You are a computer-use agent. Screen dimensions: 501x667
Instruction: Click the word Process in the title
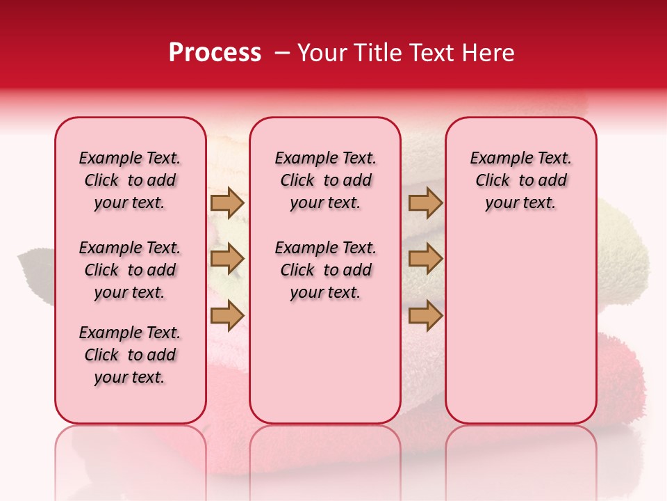click(x=215, y=53)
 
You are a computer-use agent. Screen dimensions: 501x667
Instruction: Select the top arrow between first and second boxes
click(x=227, y=203)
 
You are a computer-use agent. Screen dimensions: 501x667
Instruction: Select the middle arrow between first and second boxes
click(x=227, y=260)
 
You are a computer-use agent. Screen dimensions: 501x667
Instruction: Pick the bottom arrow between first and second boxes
click(x=227, y=315)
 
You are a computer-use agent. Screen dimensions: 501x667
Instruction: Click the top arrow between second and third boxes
click(x=425, y=203)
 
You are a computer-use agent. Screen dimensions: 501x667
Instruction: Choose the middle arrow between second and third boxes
click(x=425, y=260)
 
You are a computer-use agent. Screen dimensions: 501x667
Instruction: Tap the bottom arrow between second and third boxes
click(x=425, y=315)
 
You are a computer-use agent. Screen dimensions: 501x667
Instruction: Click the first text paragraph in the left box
click(x=130, y=180)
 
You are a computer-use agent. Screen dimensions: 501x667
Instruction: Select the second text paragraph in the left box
click(x=130, y=270)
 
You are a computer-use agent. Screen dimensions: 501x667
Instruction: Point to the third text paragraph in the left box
click(x=130, y=355)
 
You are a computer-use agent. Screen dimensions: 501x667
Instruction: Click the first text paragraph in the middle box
click(x=326, y=180)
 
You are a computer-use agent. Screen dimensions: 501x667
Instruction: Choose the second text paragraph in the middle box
click(x=326, y=270)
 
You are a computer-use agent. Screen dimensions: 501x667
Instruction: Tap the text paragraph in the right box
click(x=520, y=180)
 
